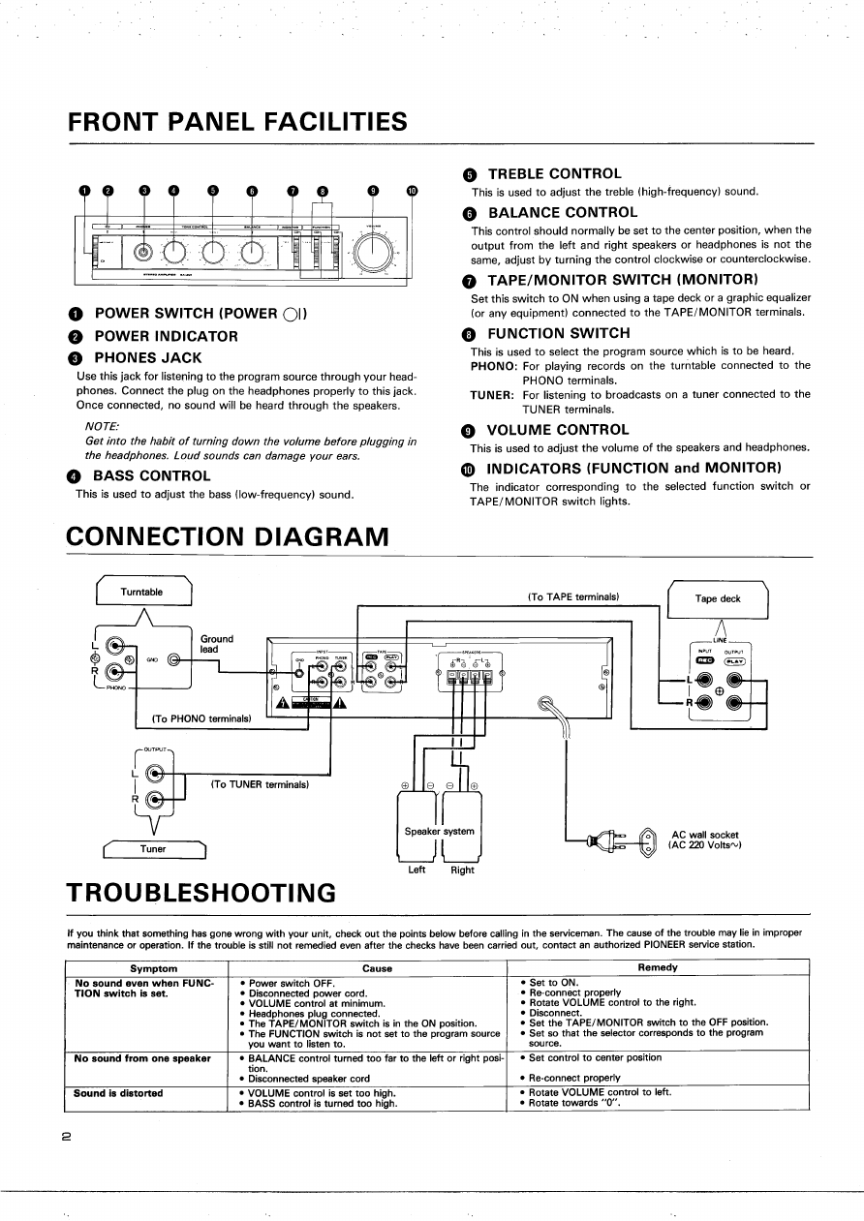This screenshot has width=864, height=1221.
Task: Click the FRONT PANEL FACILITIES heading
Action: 237,122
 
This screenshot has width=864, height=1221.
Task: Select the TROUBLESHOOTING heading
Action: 201,891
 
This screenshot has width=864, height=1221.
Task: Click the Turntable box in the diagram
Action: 142,592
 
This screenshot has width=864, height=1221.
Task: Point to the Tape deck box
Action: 718,598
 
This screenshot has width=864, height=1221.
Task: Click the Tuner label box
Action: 153,849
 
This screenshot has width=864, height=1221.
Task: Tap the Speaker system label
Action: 439,831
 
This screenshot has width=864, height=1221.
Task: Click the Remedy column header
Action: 658,967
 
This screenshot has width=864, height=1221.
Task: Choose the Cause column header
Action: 377,967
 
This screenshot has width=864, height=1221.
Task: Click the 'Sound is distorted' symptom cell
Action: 119,1093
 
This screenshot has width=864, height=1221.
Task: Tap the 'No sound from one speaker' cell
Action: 142,1058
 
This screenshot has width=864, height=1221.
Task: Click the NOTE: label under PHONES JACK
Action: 103,427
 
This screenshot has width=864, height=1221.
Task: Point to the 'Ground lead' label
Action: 217,644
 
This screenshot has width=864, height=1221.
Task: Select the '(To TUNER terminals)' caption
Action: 260,784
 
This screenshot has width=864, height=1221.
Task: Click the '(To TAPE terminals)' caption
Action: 573,596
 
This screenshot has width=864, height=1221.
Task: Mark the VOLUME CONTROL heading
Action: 557,429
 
